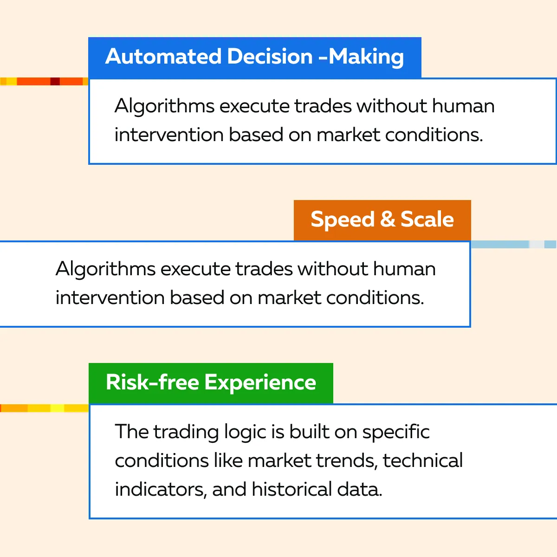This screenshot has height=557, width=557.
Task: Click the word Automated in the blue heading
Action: pyautogui.click(x=163, y=56)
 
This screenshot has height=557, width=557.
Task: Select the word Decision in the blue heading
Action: pyautogui.click(x=270, y=56)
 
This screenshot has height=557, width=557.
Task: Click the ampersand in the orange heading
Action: pyautogui.click(x=387, y=219)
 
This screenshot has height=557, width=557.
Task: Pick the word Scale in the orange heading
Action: pyautogui.click(x=427, y=219)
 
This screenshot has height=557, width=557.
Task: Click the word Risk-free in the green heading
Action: pyautogui.click(x=153, y=382)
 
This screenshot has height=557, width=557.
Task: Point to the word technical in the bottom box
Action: pyautogui.click(x=422, y=460)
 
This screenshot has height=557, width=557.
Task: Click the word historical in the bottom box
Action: pyautogui.click(x=291, y=489)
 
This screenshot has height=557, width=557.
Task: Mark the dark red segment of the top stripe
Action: pyautogui.click(x=55, y=82)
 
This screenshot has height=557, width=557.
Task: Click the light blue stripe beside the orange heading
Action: pyautogui.click(x=514, y=245)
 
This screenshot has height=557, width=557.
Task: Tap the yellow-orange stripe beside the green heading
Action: pyautogui.click(x=44, y=408)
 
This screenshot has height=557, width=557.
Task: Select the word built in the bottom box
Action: pyautogui.click(x=309, y=432)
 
